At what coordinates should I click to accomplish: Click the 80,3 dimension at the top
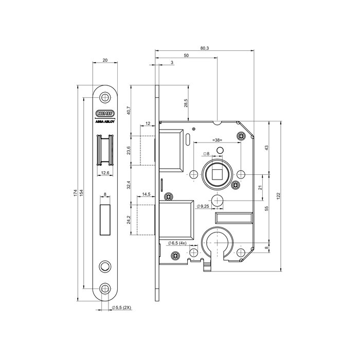(x=204, y=48)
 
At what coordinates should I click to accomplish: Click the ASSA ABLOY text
(x=105, y=122)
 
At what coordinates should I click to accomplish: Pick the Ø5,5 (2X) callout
(x=122, y=308)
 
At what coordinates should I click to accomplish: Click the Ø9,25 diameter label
(x=204, y=206)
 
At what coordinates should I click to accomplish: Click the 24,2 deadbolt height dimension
(x=128, y=220)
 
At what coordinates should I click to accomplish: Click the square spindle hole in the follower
(x=217, y=174)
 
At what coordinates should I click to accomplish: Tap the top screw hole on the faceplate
(x=105, y=97)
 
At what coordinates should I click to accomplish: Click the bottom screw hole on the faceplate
(x=105, y=288)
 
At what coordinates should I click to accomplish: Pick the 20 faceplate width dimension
(x=105, y=60)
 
